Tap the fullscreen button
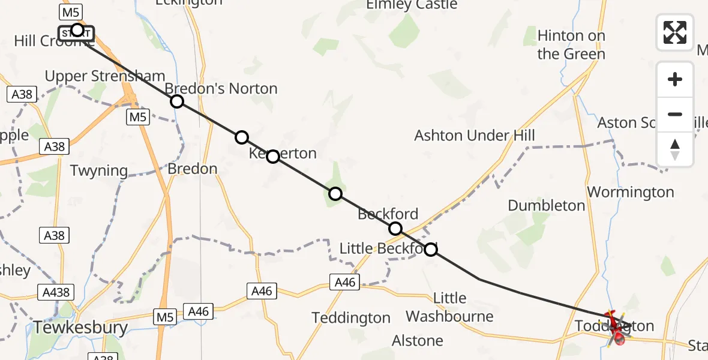(675, 32)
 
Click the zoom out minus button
(675, 114)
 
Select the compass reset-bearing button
(675, 149)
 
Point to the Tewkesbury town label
(80, 328)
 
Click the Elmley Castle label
(412, 5)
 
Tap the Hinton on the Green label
(571, 45)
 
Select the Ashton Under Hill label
(474, 136)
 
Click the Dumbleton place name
(546, 205)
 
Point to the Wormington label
(630, 192)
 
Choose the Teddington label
(351, 317)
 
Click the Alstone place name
(418, 341)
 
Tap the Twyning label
(99, 170)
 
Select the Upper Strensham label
(105, 76)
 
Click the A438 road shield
(56, 293)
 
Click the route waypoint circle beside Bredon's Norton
(176, 101)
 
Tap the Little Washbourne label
(449, 307)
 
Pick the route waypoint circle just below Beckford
(395, 229)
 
